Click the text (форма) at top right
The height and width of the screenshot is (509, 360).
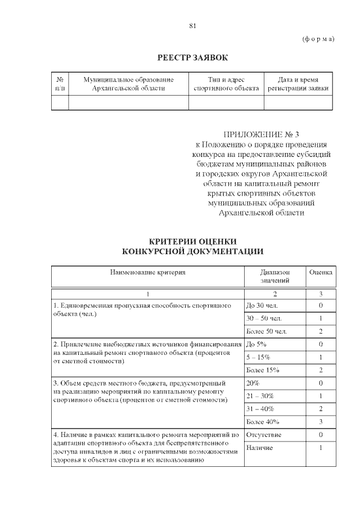pos(318,39)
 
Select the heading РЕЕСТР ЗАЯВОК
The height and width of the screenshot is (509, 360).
pos(192,58)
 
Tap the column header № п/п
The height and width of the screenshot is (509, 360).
pos(60,84)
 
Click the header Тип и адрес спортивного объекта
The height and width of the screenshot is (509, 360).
pos(226,84)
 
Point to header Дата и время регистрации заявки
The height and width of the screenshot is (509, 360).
pos(298,84)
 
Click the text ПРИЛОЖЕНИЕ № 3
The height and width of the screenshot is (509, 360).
pos(262,134)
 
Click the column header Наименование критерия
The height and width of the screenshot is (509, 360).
pos(147,272)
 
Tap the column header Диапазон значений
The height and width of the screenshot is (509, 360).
pos(274,276)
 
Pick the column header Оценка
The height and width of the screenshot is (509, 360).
pos(321,272)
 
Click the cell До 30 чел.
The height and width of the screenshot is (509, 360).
pos(262,305)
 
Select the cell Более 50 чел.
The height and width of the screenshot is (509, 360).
pos(267,331)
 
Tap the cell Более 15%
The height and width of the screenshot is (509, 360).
pos(263,370)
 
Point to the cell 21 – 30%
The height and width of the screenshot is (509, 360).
pos(262,396)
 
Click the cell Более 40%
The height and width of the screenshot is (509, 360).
pos(263,422)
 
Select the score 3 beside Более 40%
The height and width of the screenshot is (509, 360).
pos(320,422)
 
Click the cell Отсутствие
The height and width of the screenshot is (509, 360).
pos(264,435)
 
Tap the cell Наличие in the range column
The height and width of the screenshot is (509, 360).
pos(260,448)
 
